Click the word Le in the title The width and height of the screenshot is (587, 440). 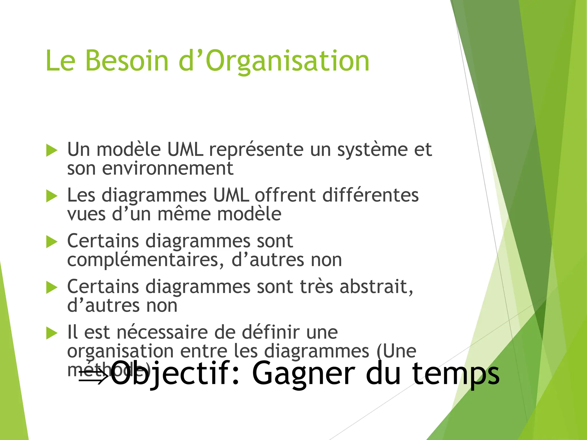(x=60, y=61)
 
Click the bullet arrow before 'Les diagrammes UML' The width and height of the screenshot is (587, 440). (x=52, y=196)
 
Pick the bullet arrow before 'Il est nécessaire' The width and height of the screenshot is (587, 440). (x=52, y=333)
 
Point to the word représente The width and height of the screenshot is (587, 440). (x=256, y=150)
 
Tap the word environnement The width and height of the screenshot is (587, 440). (x=168, y=168)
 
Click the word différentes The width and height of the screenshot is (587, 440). (x=371, y=196)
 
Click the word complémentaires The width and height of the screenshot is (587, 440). (x=143, y=260)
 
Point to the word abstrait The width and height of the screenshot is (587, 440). (x=376, y=287)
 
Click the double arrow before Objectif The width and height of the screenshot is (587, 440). (x=93, y=373)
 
